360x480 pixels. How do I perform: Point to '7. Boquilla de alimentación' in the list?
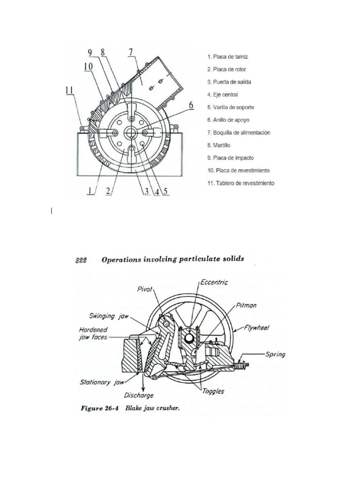click(x=239, y=133)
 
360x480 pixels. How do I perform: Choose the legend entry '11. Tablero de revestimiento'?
click(x=240, y=183)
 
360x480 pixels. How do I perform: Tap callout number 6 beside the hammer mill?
click(x=191, y=105)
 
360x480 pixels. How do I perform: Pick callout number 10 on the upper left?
click(x=89, y=67)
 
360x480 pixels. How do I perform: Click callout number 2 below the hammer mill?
click(x=108, y=191)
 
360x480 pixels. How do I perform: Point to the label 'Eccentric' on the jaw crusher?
click(x=214, y=282)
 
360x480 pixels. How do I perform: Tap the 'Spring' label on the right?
click(x=275, y=354)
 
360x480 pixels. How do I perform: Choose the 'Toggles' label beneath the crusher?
click(x=213, y=391)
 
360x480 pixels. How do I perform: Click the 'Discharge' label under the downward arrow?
click(x=139, y=396)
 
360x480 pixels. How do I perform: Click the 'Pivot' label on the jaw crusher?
click(x=145, y=290)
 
